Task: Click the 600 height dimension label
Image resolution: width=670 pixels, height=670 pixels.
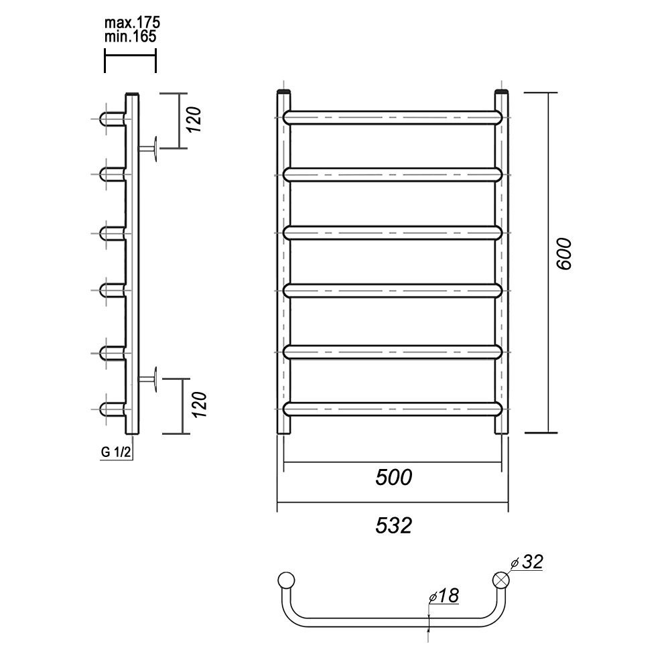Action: pyautogui.click(x=563, y=254)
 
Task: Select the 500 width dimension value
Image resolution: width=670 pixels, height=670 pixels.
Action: pyautogui.click(x=393, y=477)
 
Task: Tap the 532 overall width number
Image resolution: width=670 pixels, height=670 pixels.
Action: pyautogui.click(x=393, y=525)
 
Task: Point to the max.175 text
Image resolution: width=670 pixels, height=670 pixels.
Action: pyautogui.click(x=132, y=22)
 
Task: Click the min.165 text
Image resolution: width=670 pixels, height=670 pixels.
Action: pyautogui.click(x=131, y=36)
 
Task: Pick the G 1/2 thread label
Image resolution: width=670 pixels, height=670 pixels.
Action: pyautogui.click(x=116, y=452)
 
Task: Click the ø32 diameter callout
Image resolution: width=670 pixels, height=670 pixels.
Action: pyautogui.click(x=527, y=562)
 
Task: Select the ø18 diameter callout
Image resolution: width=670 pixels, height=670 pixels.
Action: pyautogui.click(x=444, y=595)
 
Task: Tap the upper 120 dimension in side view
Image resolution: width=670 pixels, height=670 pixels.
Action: pyautogui.click(x=194, y=119)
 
